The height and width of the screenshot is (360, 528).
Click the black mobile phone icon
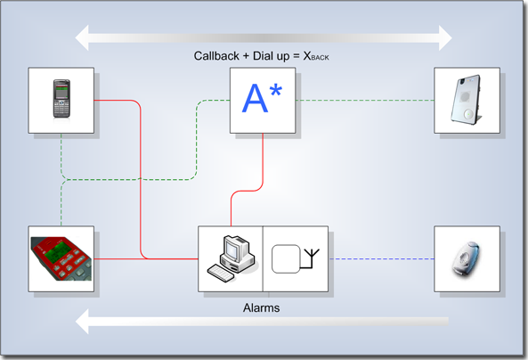61,99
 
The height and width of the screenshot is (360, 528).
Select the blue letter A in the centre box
255,98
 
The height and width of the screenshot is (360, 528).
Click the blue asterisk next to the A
276,90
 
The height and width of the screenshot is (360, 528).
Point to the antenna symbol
310,258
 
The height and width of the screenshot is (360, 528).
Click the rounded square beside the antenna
286,259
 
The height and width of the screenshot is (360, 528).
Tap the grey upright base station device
467,100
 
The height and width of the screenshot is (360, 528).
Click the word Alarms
261,307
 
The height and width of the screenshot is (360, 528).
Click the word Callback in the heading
216,55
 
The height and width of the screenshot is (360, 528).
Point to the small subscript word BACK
320,58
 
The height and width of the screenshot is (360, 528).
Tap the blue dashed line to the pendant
381,259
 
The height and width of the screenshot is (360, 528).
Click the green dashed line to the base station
365,100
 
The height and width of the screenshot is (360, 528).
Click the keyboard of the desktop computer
221,273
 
